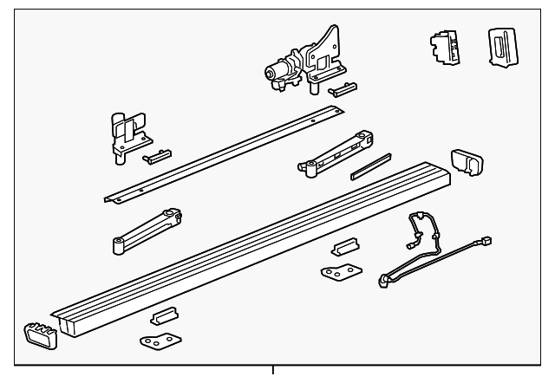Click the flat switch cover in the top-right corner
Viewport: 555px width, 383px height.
[500, 45]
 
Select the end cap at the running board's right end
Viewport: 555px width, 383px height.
[466, 162]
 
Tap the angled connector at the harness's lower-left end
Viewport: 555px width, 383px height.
[384, 280]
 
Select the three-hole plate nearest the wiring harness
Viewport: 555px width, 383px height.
[337, 273]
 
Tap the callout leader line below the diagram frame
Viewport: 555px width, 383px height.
[275, 374]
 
